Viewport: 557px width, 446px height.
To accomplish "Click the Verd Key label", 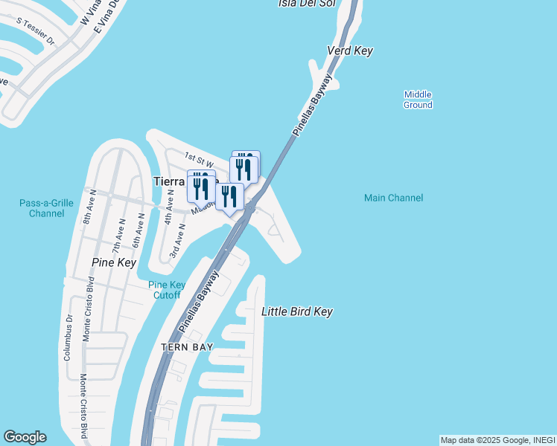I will (350, 51).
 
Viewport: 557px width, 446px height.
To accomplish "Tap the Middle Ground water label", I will (418, 100).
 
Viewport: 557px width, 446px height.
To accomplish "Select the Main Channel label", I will (393, 198).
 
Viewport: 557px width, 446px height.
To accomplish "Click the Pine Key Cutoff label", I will (167, 290).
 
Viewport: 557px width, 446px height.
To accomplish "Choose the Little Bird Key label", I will (296, 311).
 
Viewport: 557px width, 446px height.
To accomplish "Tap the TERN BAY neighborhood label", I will (188, 347).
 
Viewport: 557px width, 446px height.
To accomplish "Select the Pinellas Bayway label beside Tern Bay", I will (199, 301).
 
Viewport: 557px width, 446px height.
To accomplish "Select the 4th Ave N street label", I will (171, 207).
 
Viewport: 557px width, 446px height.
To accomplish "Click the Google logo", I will (25, 437).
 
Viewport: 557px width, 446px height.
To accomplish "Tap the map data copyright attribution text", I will (497, 440).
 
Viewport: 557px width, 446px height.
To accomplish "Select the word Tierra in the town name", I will (168, 181).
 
